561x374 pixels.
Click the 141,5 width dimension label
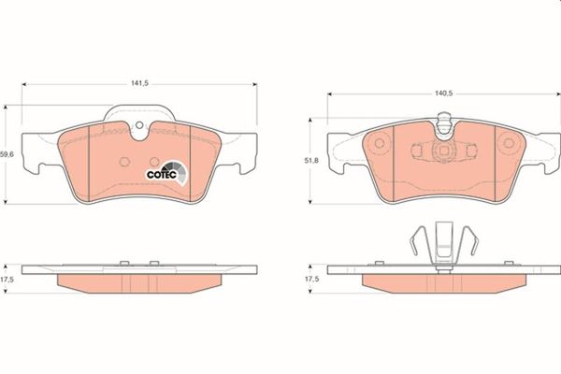coord(139,82)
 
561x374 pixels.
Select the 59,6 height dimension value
coord(7,155)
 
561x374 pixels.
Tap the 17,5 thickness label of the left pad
coord(7,279)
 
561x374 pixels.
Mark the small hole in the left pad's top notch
coord(138,129)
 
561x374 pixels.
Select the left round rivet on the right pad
coord(379,144)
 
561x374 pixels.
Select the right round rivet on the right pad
coord(509,144)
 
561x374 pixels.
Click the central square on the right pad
coord(443,150)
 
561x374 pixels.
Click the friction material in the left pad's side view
coord(140,280)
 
